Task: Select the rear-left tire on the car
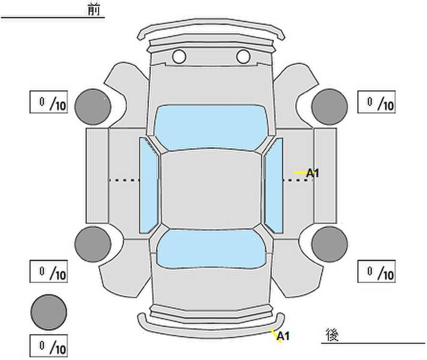click(93, 244)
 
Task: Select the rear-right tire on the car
click(330, 244)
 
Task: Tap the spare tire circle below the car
click(49, 311)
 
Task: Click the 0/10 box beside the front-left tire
click(49, 103)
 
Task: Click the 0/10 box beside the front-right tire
click(377, 103)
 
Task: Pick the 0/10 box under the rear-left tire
click(49, 272)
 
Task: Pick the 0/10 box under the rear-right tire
click(377, 272)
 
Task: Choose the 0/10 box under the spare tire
click(49, 346)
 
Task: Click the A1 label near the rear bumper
click(283, 337)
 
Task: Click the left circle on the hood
click(179, 57)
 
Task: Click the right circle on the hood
click(243, 57)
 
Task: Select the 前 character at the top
click(94, 10)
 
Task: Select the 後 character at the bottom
click(332, 334)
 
